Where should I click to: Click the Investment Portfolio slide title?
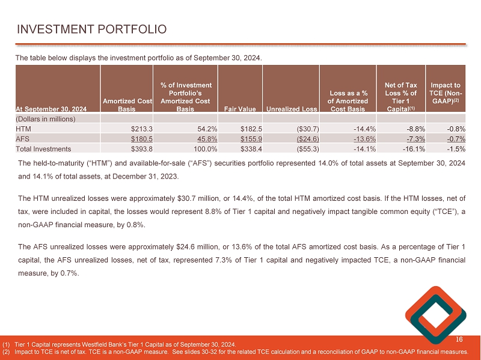pyautogui.click(x=91, y=29)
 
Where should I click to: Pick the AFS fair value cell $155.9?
pyautogui.click(x=250, y=138)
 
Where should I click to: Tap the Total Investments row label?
pyautogui.click(x=44, y=148)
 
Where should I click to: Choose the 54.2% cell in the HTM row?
pyautogui.click(x=200, y=128)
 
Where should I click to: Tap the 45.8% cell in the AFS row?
pyautogui.click(x=200, y=138)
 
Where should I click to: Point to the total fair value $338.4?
pyautogui.click(x=250, y=148)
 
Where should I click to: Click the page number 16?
pyautogui.click(x=459, y=340)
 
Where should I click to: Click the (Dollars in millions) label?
pyautogui.click(x=45, y=119)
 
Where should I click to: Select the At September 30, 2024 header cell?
pyautogui.click(x=52, y=109)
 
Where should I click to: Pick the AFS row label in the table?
pyautogui.click(x=23, y=138)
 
